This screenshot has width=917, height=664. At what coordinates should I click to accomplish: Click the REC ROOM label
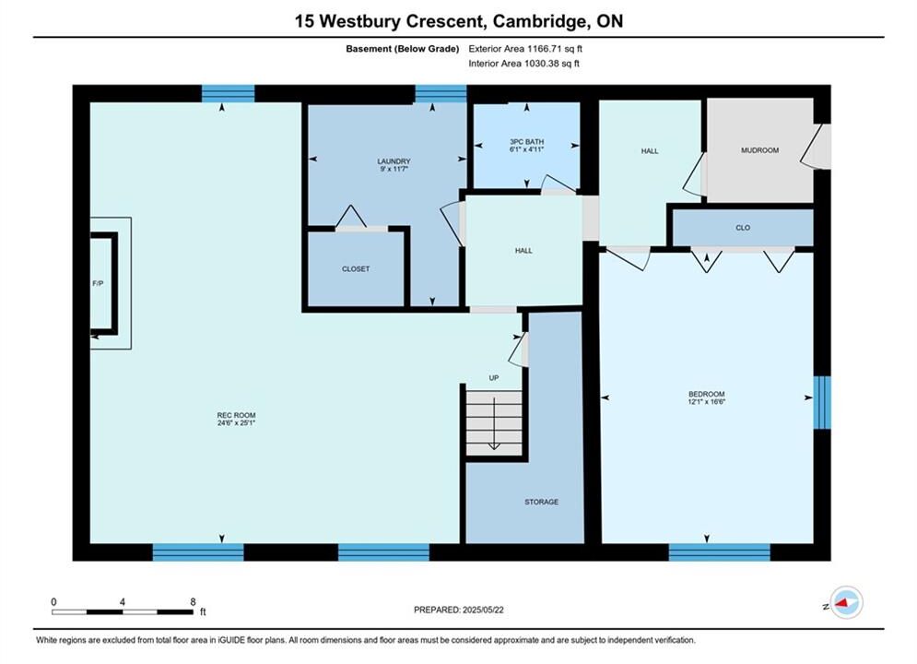click(236, 415)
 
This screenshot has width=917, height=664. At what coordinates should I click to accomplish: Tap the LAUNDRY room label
click(394, 161)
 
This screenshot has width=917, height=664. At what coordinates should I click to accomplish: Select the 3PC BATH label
click(526, 142)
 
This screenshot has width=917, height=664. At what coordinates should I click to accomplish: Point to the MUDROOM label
click(759, 150)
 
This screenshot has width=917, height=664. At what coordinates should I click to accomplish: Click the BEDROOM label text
click(707, 395)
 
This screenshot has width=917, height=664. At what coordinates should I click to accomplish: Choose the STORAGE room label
click(541, 502)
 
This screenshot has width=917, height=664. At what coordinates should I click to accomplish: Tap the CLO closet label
click(743, 228)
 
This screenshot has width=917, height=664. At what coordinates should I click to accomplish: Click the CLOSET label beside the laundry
click(356, 269)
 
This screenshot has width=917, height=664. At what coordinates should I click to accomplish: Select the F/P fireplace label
click(98, 284)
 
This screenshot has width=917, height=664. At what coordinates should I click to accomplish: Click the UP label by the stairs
click(494, 378)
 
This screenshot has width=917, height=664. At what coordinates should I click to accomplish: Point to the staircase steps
click(494, 423)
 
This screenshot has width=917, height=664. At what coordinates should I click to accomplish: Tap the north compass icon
click(846, 602)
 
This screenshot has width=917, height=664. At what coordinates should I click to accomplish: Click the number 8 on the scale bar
click(193, 602)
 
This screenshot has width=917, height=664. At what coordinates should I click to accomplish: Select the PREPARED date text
click(459, 610)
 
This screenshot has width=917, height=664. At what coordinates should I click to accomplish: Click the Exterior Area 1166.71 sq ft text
click(525, 49)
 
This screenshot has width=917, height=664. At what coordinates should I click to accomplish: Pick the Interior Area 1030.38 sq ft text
click(524, 64)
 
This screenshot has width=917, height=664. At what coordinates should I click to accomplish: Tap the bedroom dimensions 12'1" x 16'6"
click(707, 402)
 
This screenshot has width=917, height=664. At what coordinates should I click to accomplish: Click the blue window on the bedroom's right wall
click(822, 402)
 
